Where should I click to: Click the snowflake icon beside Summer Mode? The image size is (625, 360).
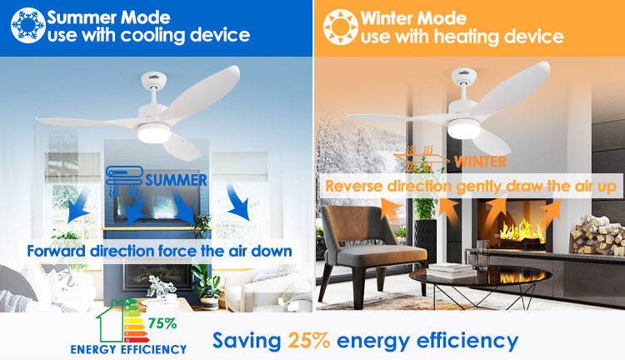click(x=27, y=25)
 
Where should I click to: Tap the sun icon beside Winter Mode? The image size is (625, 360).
click(x=340, y=27)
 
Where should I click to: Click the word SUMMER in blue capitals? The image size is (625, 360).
click(x=176, y=180)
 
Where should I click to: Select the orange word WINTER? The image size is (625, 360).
click(x=480, y=162)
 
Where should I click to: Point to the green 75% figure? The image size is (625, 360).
click(x=162, y=323)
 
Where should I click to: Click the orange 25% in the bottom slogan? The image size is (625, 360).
click(x=309, y=341)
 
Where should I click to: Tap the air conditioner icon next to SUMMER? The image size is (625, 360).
click(x=124, y=182)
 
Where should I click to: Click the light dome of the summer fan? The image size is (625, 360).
click(x=154, y=133)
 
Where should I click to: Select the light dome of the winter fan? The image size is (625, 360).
click(x=463, y=129)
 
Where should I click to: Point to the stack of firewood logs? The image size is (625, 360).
click(x=597, y=235)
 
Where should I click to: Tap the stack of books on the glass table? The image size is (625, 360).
click(x=451, y=271)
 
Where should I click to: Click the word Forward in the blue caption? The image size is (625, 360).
click(x=56, y=251)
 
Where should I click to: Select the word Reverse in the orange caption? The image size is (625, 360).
click(x=354, y=186)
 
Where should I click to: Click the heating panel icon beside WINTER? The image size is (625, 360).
click(x=422, y=158)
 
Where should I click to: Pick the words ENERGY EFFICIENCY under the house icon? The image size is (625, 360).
click(x=128, y=350)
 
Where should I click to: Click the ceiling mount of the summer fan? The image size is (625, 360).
click(x=154, y=80)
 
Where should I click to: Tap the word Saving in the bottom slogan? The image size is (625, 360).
click(x=247, y=342)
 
